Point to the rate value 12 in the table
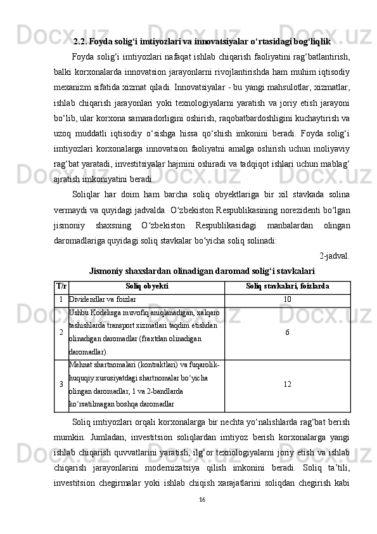pyautogui.click(x=287, y=384)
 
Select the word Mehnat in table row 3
pyautogui.click(x=81, y=364)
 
